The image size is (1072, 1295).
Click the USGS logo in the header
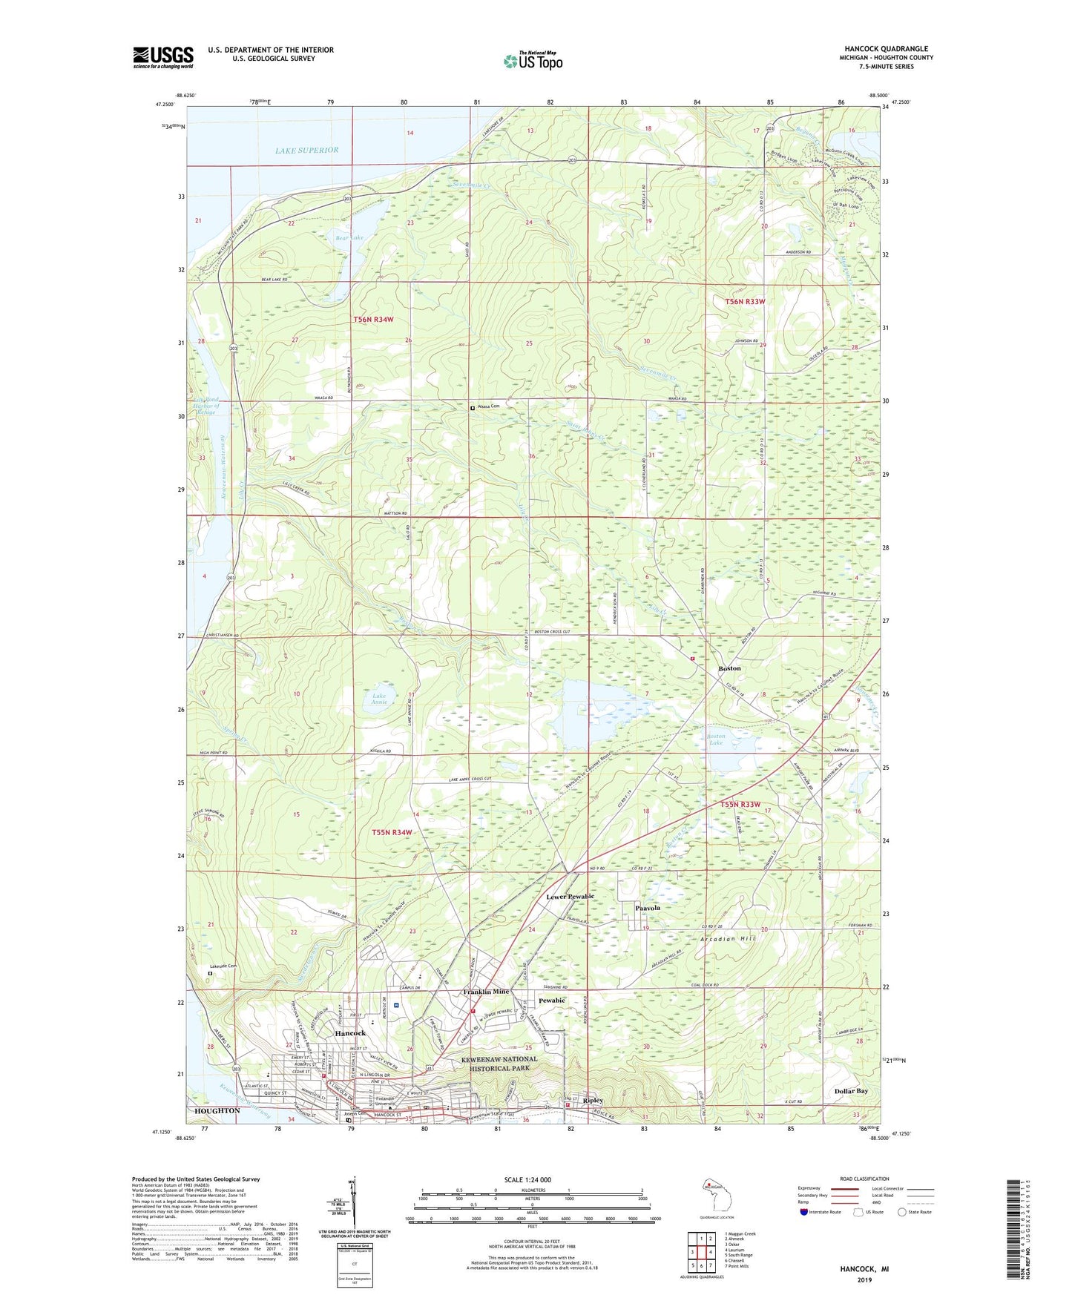[x=163, y=57]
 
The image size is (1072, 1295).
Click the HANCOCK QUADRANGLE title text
[x=886, y=49]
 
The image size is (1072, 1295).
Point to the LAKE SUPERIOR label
[x=306, y=151]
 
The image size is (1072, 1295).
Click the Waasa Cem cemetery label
[x=492, y=407]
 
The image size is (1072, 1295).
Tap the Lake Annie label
[x=379, y=699]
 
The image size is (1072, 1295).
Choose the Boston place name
[x=729, y=668]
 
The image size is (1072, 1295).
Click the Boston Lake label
[x=715, y=739]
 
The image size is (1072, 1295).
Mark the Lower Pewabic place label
[x=570, y=897]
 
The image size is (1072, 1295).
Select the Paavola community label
[x=647, y=908]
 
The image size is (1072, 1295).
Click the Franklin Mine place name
[x=486, y=992]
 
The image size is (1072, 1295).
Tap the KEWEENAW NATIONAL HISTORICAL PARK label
[x=497, y=1064]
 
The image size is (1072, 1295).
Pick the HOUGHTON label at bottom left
[x=217, y=1110]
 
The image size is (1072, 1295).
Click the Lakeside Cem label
[x=223, y=966]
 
